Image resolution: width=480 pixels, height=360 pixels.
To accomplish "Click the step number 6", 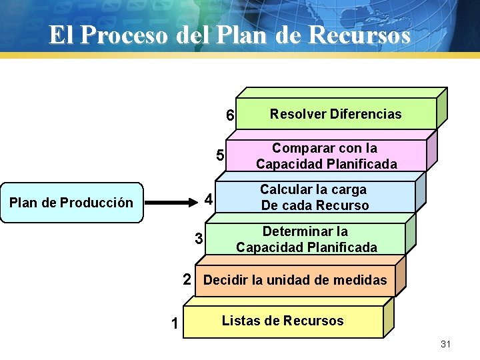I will coord(229,115).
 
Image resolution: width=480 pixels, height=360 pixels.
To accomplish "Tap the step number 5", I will coord(219,156).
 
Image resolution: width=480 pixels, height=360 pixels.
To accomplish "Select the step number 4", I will coord(208,199).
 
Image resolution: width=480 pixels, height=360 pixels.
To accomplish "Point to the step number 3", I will coord(199,238).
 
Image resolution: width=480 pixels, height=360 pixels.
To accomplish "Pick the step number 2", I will coord(188,279).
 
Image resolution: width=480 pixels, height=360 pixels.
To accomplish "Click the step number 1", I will coord(174,324).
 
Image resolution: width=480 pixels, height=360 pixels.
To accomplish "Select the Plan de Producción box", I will coord(71,202).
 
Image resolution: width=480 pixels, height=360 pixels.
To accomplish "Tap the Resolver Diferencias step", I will coord(335,114).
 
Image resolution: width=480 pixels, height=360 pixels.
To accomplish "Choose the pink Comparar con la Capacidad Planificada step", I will coord(326,156).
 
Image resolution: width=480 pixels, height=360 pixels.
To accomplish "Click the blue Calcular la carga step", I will coord(315,197).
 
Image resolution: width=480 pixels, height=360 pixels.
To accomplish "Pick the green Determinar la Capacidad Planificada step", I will coord(306,239).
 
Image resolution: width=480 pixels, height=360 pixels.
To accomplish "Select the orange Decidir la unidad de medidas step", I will coord(295,280).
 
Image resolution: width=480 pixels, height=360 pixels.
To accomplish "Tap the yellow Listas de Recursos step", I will coord(283,321).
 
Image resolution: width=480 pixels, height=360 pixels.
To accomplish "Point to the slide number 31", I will coord(446,344).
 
